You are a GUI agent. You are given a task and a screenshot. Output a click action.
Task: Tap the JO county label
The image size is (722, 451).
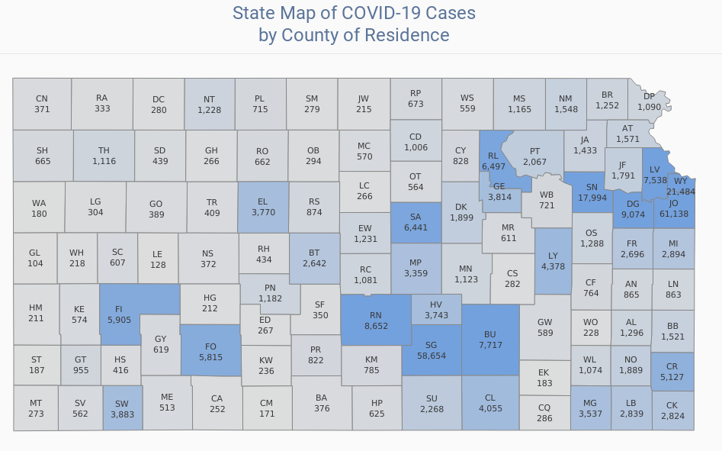pos(673,203)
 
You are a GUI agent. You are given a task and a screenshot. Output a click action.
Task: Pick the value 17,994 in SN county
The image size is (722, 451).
pos(592,198)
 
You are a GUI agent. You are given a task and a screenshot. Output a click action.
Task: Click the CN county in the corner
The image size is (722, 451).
pos(42,104)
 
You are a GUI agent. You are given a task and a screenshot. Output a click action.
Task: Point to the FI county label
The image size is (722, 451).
pos(119,310)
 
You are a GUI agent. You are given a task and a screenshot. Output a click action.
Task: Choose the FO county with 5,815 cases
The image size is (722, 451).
pos(210,352)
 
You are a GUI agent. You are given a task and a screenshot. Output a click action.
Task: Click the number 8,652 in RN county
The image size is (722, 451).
pos(376,325)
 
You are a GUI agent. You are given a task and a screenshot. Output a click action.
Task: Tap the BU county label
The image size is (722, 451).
pos(490,334)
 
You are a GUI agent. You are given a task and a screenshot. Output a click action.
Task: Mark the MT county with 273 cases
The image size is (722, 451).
pos(36,408)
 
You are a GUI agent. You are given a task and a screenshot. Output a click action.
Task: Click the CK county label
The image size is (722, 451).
pos(672,405)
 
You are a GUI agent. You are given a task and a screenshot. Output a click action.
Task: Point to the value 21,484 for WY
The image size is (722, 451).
pos(681,192)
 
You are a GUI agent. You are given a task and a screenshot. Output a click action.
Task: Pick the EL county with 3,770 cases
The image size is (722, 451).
pos(263,207)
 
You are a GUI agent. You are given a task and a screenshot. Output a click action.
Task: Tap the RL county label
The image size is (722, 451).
pos(493,156)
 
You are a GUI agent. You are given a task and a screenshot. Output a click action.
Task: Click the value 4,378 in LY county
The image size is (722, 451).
pos(553,266)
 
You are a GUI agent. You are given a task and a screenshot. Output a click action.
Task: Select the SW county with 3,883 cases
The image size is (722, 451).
pos(122,408)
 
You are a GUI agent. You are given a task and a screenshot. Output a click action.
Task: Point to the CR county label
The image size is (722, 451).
pos(672,366)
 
